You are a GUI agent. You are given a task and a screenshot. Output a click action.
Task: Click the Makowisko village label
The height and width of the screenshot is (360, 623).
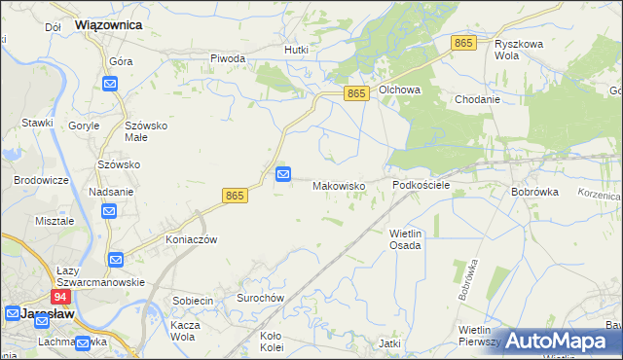click(x=338, y=186)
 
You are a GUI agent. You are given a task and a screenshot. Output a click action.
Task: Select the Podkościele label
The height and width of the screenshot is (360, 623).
click(x=421, y=185)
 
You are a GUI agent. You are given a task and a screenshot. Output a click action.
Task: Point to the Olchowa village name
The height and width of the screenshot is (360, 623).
click(x=399, y=90)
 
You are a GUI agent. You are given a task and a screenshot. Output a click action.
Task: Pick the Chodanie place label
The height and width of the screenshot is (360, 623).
click(x=477, y=99)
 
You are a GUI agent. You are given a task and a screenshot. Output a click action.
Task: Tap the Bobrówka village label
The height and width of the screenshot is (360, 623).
click(x=534, y=193)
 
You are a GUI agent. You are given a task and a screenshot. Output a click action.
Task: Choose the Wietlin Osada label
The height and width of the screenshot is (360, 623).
click(x=405, y=239)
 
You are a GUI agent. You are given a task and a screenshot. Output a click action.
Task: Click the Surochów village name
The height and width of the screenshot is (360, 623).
click(x=258, y=298)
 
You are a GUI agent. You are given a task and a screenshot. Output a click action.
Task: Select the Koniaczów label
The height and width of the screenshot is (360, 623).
click(x=190, y=239)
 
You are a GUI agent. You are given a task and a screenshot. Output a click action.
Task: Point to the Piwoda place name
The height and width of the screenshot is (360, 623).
click(x=228, y=58)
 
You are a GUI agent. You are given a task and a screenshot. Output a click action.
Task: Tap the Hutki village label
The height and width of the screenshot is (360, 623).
click(x=296, y=50)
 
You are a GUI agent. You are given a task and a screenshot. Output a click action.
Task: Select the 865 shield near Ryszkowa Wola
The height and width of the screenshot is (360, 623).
click(x=463, y=44)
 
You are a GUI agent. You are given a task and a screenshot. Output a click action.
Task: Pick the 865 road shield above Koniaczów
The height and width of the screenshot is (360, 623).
click(x=235, y=196)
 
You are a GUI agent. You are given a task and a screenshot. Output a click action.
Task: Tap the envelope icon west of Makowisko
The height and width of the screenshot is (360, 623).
click(x=283, y=174)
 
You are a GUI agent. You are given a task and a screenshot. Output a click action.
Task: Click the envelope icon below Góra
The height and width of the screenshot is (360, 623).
click(x=110, y=85)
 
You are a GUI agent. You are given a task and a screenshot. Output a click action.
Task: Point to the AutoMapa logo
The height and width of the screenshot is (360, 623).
click(x=556, y=342)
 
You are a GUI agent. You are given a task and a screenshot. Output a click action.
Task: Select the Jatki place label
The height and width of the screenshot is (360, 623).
click(x=390, y=343)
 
